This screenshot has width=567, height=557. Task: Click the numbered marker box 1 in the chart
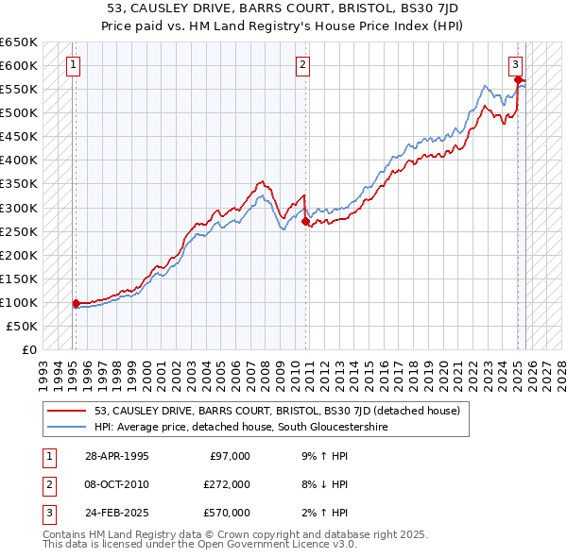coord(73,65)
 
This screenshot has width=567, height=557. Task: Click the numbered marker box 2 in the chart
coord(301,65)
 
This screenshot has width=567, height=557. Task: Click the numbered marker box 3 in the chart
coord(515,65)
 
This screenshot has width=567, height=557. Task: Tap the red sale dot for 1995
coord(76,303)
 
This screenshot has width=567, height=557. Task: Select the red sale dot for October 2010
coord(304,221)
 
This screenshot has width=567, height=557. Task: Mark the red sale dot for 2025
coord(519,80)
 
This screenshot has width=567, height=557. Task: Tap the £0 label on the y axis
coord(30,349)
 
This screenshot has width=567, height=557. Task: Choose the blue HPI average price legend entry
coord(241,427)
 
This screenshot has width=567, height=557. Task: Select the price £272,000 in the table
coord(226,484)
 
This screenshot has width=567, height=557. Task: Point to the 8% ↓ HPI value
coord(320,484)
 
